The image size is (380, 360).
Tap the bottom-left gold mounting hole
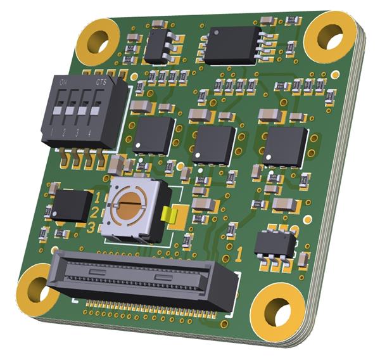[x=35, y=292]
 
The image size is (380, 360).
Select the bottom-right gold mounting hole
[x=277, y=311]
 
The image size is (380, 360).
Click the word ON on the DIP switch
[x=64, y=83]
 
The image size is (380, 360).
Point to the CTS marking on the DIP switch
[x=101, y=83]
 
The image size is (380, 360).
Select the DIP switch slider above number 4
[x=95, y=112]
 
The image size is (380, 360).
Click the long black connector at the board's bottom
[x=143, y=279]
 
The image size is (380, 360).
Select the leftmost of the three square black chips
[x=154, y=134]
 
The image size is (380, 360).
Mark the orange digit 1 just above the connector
[x=239, y=255]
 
